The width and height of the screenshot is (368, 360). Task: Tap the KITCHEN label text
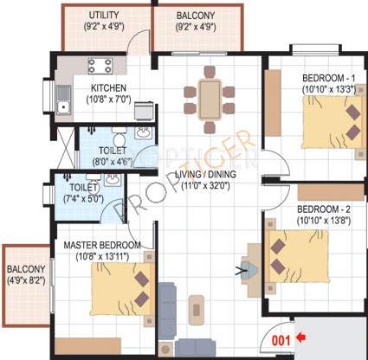tap(109, 88)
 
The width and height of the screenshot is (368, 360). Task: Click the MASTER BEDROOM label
tap(102, 245)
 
